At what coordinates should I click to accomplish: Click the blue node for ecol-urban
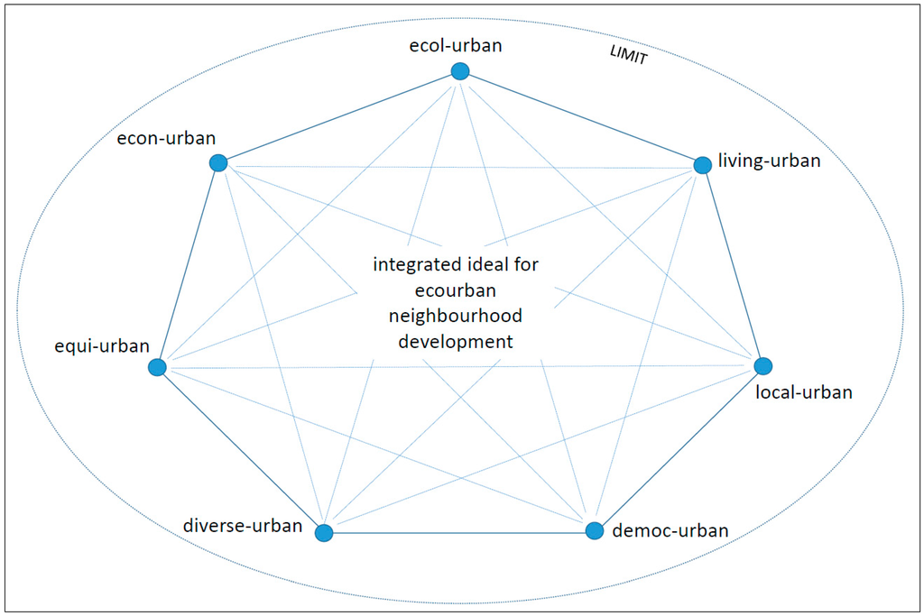(x=460, y=71)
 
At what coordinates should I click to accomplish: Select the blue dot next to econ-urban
(x=217, y=162)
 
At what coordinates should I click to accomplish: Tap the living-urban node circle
(x=702, y=165)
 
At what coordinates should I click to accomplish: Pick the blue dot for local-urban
(x=762, y=366)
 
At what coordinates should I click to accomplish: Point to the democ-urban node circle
(x=594, y=530)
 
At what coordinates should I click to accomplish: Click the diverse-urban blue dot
(x=324, y=533)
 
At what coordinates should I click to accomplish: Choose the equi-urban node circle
(x=157, y=367)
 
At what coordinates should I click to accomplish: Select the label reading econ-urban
(x=166, y=138)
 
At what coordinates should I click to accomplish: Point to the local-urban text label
(x=803, y=392)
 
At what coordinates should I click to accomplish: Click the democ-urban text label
(x=669, y=530)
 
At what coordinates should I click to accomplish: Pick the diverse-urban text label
(x=242, y=525)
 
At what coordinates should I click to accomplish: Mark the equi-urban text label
(x=101, y=345)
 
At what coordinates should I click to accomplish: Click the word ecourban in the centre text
(x=456, y=290)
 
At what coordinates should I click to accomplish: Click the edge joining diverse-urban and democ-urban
(x=458, y=532)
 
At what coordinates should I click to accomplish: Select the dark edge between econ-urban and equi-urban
(x=188, y=264)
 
